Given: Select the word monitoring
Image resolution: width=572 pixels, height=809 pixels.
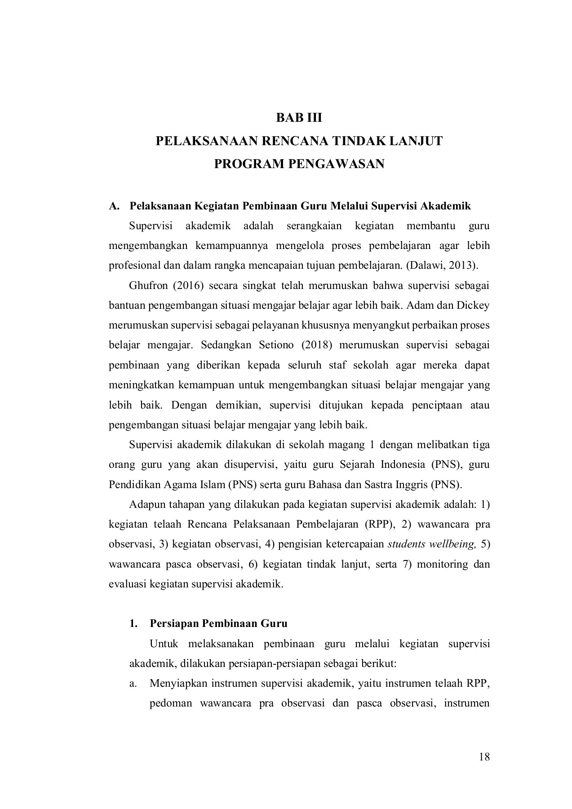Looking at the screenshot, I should [443, 564].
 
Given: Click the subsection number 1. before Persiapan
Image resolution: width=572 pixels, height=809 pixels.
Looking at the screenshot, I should [133, 624].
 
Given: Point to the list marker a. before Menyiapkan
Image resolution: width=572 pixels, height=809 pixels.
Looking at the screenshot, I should [133, 684].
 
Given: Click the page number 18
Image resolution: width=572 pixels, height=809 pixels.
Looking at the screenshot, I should [484, 757].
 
